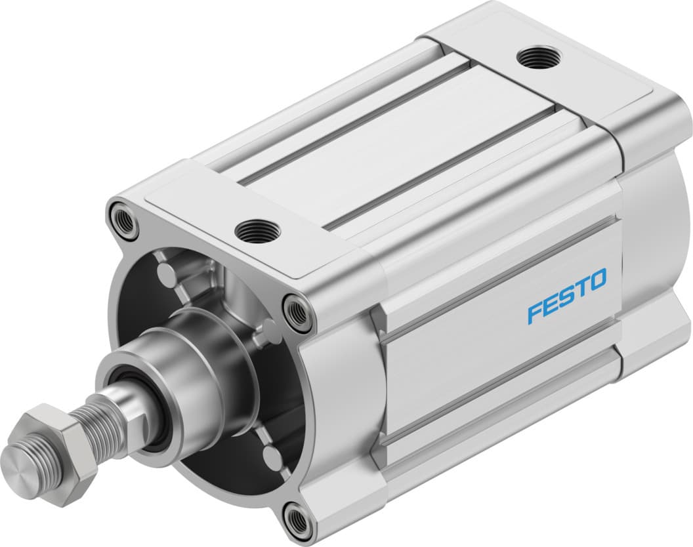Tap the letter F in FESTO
click(x=535, y=313)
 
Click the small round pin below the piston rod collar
click(x=270, y=455)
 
